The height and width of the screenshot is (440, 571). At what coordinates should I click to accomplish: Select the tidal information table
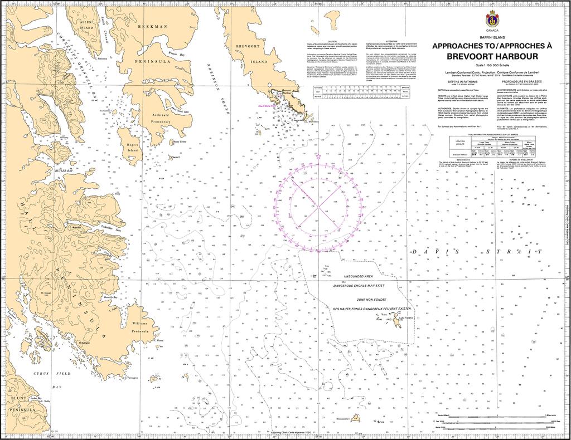(x=492, y=146)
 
